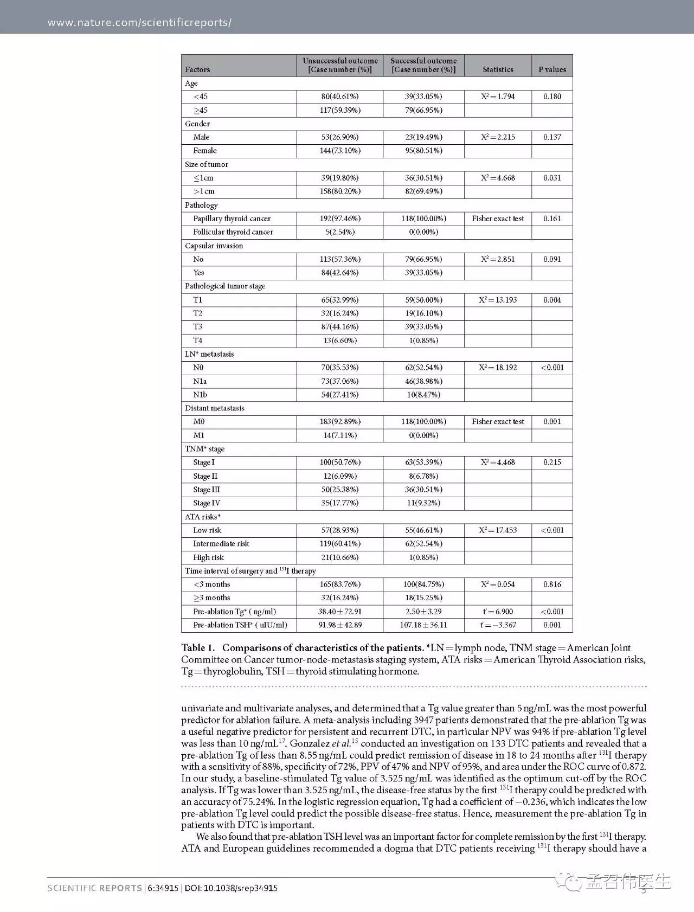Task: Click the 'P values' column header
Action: click(552, 69)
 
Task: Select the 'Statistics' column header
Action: click(498, 69)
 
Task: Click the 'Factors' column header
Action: click(197, 69)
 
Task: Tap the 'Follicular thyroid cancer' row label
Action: click(233, 232)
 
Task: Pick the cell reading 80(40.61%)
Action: click(340, 97)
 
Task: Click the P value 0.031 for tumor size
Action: click(552, 178)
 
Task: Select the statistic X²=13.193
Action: click(498, 300)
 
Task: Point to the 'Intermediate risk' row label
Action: click(221, 544)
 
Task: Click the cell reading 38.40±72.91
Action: click(340, 612)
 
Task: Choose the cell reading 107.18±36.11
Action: click(423, 625)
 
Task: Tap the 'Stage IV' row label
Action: click(207, 503)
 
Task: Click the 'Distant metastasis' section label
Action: click(215, 408)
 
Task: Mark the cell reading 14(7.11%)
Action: click(340, 435)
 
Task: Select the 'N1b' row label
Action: click(200, 395)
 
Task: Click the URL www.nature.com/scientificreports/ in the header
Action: click(139, 23)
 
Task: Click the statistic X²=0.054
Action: click(498, 585)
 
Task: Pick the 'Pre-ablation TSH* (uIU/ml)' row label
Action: click(240, 625)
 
